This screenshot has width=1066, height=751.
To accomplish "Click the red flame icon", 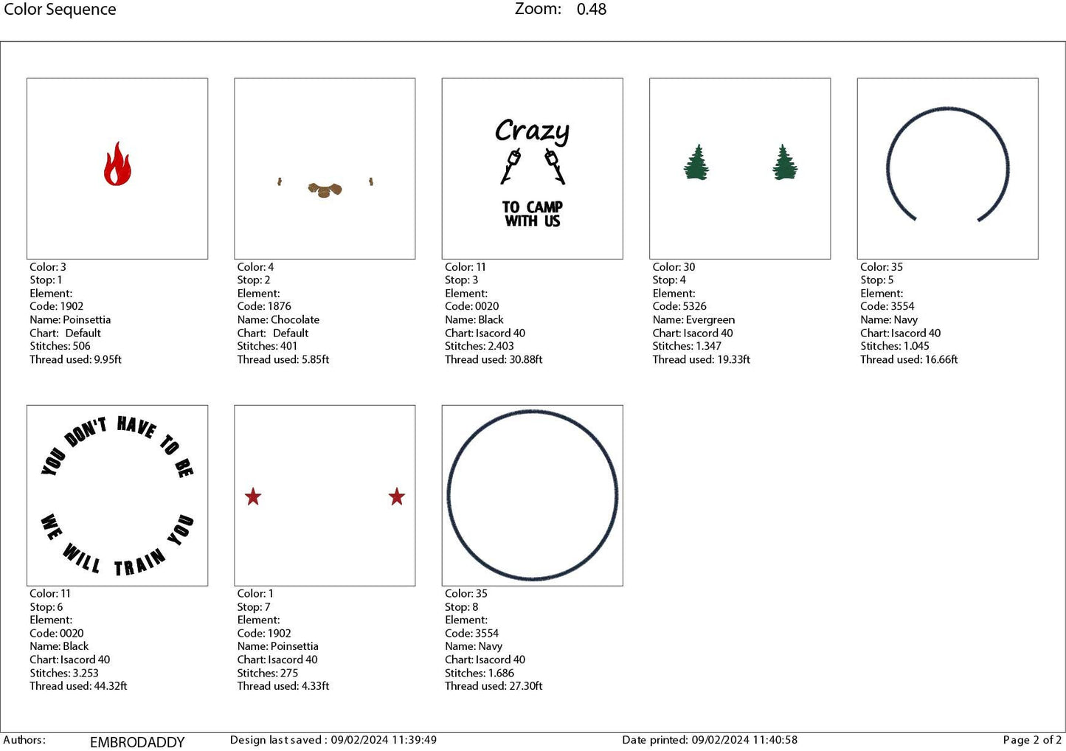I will point(117,164).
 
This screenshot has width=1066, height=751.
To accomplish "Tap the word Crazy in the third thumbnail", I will point(532,131).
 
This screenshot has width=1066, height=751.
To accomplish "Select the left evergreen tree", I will point(696,163).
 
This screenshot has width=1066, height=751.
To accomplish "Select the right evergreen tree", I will point(785,163).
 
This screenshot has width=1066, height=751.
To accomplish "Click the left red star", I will point(253,496).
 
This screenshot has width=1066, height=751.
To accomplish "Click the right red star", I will point(397,496).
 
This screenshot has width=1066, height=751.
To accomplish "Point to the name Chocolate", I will point(295,319).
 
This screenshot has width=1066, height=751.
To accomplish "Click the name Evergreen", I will point(710,319).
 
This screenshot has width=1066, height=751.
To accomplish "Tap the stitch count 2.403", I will point(499,346).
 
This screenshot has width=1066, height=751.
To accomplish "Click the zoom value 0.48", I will point(592,10).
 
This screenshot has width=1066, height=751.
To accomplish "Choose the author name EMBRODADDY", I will point(137,742).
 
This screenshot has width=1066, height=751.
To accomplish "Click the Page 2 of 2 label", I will point(1032,740).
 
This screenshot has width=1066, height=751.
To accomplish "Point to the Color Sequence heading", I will point(60,10).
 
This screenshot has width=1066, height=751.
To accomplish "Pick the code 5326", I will point(693,306).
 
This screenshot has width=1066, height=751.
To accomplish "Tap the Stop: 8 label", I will point(461,607).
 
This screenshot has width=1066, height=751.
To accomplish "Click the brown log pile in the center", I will point(325,190).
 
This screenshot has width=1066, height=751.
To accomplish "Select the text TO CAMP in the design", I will point(533,207).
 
